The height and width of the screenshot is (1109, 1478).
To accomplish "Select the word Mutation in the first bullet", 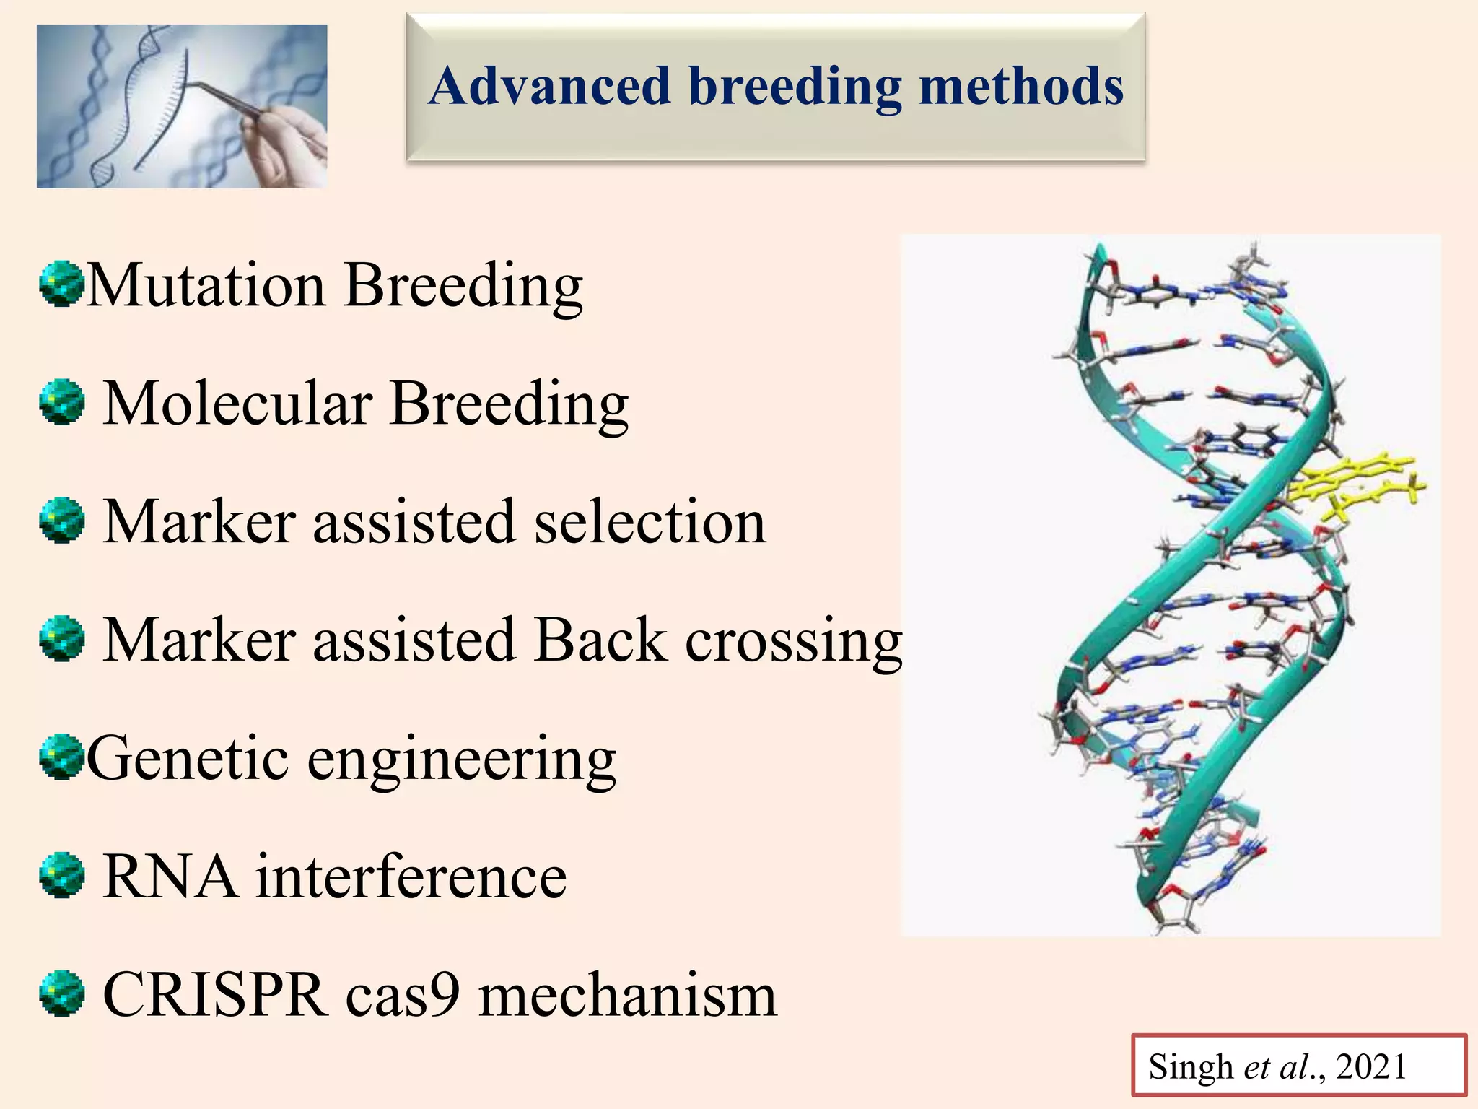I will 206,285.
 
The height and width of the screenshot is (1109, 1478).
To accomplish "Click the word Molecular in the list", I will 237,404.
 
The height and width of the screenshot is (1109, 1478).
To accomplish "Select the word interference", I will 411,877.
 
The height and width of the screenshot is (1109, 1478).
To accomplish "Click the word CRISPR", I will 214,996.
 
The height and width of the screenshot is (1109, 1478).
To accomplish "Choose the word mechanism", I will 628,996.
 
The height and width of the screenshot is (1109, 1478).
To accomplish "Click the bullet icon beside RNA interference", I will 62,875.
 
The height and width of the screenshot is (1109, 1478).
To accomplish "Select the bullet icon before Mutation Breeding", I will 62,284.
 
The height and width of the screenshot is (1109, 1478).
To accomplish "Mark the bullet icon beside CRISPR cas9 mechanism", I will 62,993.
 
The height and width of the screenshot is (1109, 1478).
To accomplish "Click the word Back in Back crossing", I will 600,640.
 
